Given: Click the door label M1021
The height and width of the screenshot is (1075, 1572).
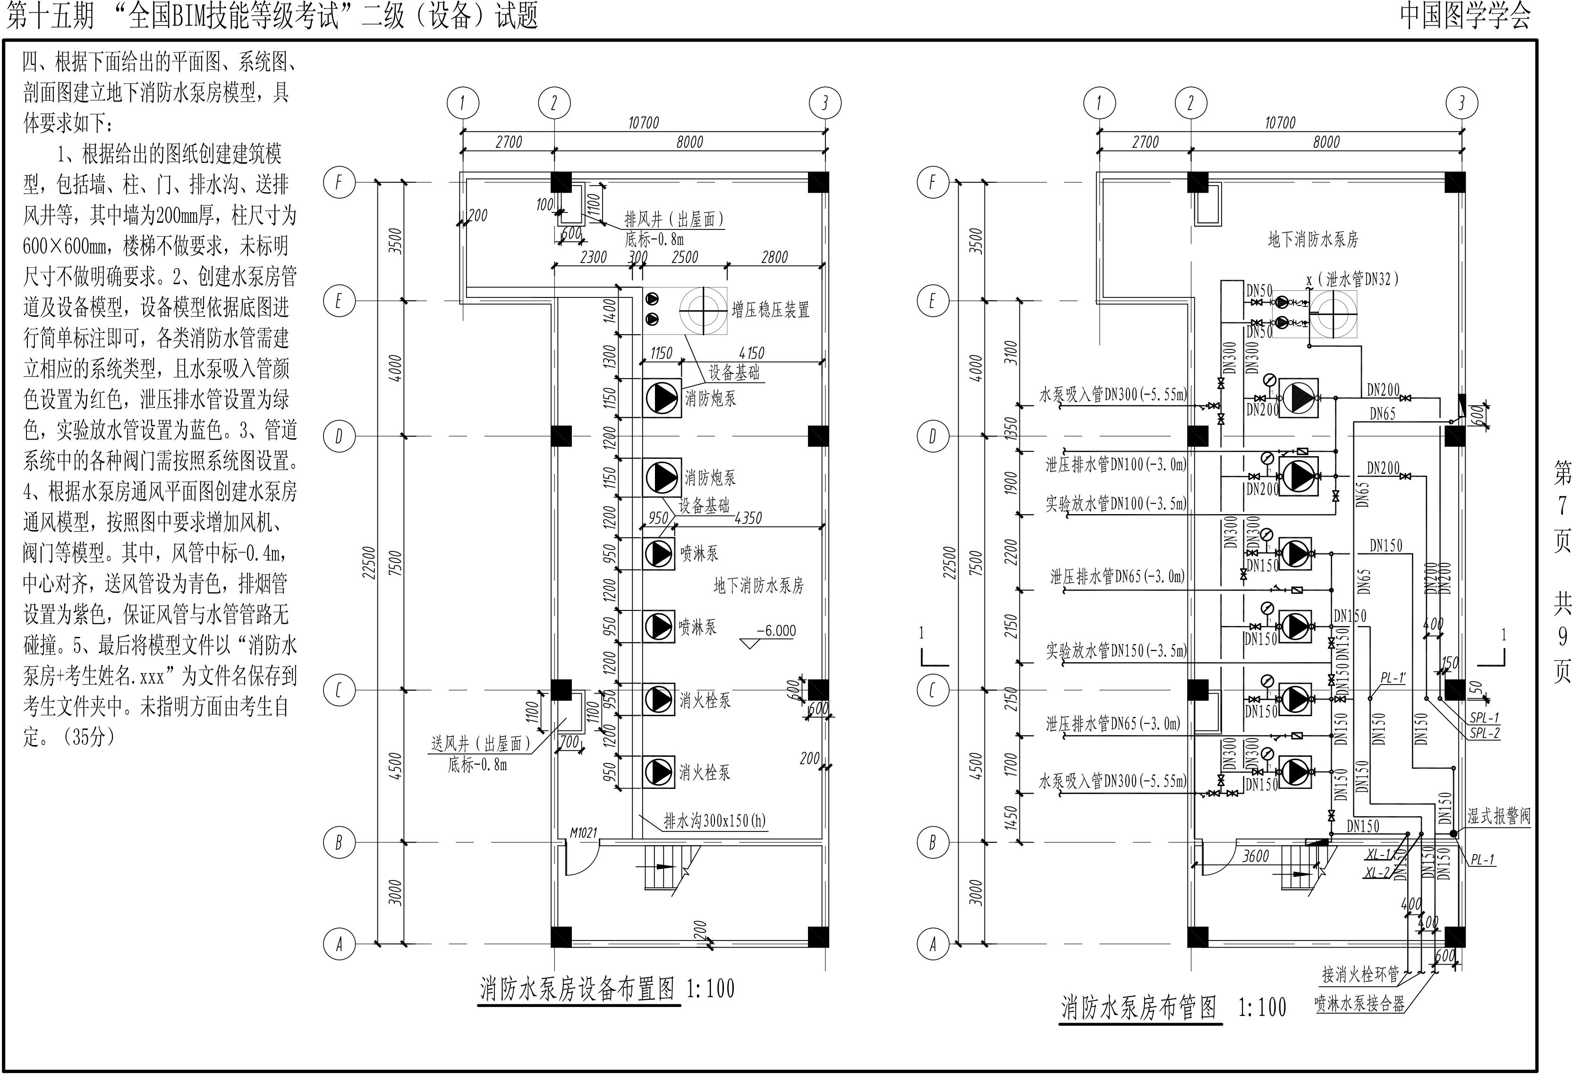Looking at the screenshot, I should (583, 832).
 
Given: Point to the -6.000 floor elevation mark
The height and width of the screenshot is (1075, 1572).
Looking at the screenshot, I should (775, 631).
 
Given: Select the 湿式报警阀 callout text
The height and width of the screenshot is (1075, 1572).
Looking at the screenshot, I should (1498, 816).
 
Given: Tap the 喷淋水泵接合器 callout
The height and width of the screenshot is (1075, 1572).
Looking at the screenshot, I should (1360, 1003).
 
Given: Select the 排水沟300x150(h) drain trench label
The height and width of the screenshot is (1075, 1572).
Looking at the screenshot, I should (714, 821).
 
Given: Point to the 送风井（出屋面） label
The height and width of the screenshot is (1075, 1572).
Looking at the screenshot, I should (480, 744).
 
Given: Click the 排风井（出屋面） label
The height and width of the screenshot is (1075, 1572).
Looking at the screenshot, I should (674, 219).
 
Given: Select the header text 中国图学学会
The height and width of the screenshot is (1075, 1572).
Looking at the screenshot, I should (1464, 16).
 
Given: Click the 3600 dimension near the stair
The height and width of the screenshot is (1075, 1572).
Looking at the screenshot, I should (1256, 856).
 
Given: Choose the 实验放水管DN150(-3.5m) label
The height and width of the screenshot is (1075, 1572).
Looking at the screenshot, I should (1116, 651).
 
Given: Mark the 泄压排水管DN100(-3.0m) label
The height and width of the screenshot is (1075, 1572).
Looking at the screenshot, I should (1116, 465).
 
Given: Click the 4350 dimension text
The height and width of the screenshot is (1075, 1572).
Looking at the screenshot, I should (748, 518).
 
